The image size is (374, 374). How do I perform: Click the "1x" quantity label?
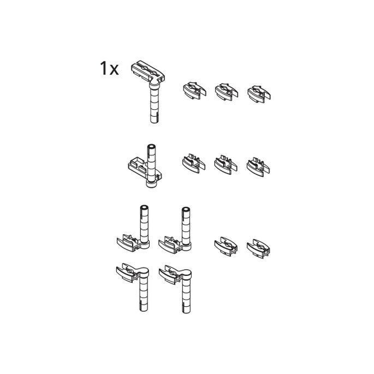tap(109, 69)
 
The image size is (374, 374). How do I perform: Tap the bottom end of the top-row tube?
tap(154, 121)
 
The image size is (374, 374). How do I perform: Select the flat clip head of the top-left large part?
tap(147, 71)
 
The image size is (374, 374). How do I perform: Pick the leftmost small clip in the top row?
tap(194, 91)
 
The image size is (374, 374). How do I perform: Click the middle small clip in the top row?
tap(226, 92)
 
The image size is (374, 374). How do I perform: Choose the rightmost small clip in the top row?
tap(259, 94)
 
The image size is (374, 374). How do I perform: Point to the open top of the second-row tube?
tap(151, 146)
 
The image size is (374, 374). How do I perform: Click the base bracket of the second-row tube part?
tap(145, 170)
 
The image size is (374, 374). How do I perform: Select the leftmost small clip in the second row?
tap(193, 163)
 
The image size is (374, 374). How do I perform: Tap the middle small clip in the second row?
tap(225, 165)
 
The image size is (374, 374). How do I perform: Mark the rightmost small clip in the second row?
tap(258, 167)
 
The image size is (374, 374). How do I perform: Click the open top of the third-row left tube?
tap(144, 207)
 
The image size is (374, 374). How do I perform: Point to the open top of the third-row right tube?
tap(186, 210)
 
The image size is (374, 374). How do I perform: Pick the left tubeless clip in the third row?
tap(226, 246)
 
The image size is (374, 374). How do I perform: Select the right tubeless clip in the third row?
tap(258, 249)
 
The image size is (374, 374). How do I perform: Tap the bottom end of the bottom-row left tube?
tap(144, 309)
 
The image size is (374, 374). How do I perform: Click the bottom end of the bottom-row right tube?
tap(186, 311)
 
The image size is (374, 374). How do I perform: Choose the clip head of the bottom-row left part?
tap(127, 272)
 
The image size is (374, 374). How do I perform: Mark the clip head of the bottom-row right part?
tap(170, 275)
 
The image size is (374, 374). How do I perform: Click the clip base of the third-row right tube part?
tap(171, 245)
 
